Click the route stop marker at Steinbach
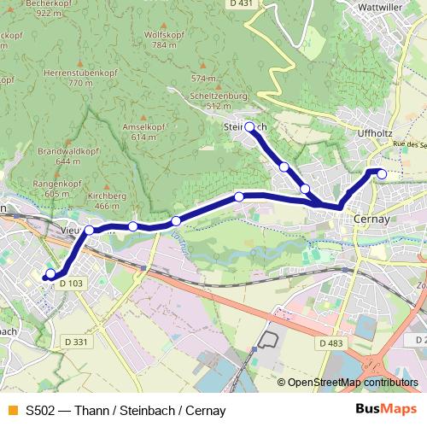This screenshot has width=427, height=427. (249, 127)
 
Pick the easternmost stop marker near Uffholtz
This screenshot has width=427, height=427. (382, 174)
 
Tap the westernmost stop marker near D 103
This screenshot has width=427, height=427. (50, 274)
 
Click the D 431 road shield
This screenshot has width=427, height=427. (243, 5)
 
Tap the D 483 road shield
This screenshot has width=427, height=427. (330, 342)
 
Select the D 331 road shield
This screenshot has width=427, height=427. (74, 318)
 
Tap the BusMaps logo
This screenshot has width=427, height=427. (381, 409)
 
